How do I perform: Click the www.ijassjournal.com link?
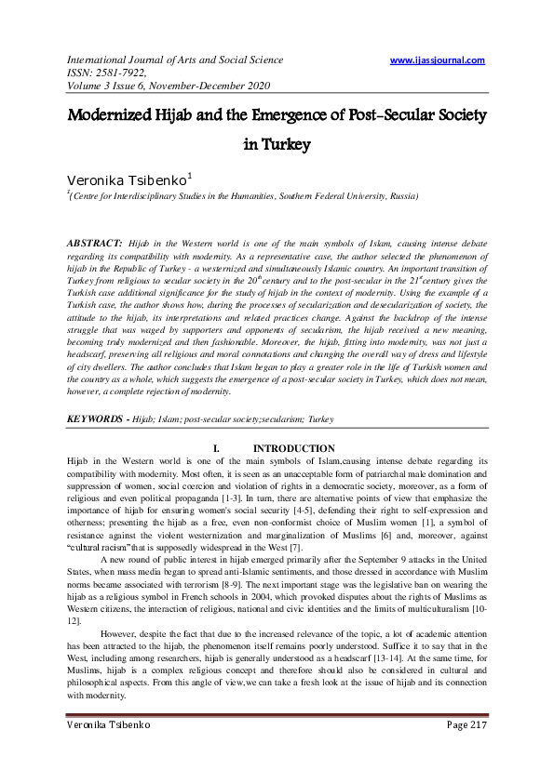pos(438,60)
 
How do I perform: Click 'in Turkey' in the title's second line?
pos(276,145)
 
